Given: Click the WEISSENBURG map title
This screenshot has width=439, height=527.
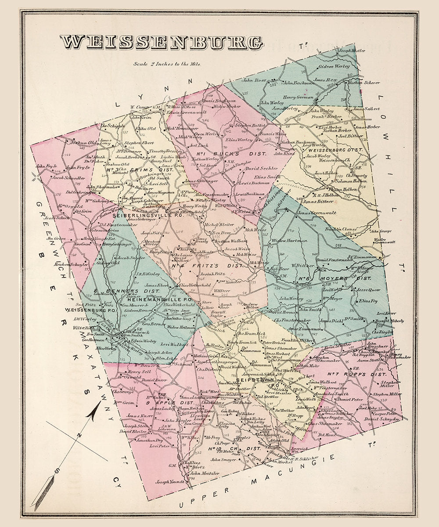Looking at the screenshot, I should coord(162,42).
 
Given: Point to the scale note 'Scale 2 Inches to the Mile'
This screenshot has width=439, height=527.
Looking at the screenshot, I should coord(168,64).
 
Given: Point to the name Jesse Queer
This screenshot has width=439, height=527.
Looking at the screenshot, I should coord(369,290).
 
